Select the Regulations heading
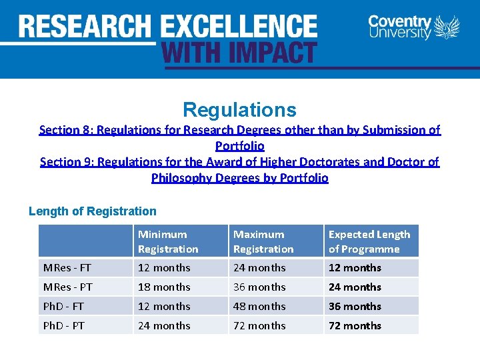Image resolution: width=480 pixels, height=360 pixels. coord(239,109)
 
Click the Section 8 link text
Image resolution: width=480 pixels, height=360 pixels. coord(240,137)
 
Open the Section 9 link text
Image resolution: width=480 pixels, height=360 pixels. coord(240,169)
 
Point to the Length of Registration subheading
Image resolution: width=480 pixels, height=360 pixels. coord(93,211)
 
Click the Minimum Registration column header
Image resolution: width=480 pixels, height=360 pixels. coord(168,241)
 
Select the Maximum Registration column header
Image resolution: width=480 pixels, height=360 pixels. coord(263,241)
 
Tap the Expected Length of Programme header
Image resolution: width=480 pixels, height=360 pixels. coord(369,241)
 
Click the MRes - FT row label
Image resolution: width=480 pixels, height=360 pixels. coord(67,268)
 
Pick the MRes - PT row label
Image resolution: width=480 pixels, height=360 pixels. coord(67,287)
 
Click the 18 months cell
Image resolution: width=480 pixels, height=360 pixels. coord(164,287)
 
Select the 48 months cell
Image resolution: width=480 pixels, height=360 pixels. coord(259,307)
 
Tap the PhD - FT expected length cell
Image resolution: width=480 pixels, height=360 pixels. coord(355,307)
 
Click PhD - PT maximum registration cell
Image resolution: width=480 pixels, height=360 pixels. coord(259,326)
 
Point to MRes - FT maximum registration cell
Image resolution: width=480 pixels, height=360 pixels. coord(259,268)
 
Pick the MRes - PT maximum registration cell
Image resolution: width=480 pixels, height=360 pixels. coord(259,287)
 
